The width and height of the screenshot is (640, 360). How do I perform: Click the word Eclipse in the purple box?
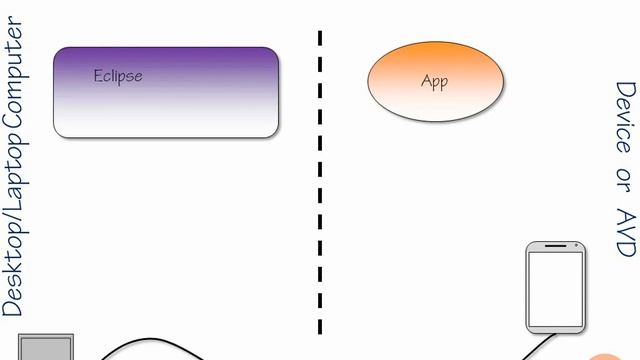click(x=118, y=75)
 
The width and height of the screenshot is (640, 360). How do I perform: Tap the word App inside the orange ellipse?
click(x=434, y=82)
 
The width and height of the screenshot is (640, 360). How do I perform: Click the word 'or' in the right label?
click(x=624, y=180)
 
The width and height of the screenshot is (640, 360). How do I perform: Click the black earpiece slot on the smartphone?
click(x=556, y=248)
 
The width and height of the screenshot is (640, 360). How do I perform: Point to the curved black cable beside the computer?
click(x=150, y=343)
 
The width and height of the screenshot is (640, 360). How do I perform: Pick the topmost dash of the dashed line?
click(x=320, y=39)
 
